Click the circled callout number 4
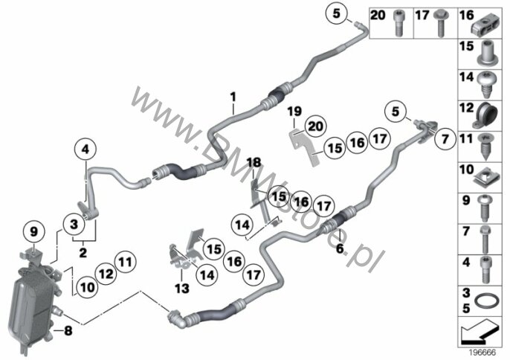[x=85, y=150]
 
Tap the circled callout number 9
[x=34, y=232]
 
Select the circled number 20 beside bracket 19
[x=315, y=126]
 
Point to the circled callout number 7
[x=445, y=139]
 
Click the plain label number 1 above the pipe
[x=233, y=97]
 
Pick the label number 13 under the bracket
[x=182, y=288]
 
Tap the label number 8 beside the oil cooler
[x=68, y=331]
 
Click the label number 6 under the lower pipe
[x=340, y=248]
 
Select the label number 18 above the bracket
[x=254, y=162]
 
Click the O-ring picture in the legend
[x=486, y=301]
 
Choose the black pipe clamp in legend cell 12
[x=486, y=115]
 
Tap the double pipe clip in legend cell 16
[x=486, y=25]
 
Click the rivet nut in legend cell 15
[x=487, y=53]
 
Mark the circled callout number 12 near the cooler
[x=106, y=274]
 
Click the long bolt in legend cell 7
[x=485, y=240]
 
